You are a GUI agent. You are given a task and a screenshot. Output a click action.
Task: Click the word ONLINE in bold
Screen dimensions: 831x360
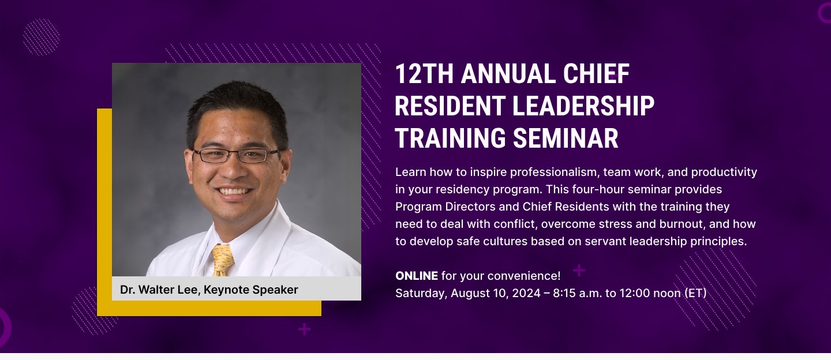tap(416, 276)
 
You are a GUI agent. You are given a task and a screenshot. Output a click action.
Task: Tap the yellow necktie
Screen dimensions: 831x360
tap(223, 260)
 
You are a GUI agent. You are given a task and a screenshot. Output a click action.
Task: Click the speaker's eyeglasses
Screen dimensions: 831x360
tap(236, 155)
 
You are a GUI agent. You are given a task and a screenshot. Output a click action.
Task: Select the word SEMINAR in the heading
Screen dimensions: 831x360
tap(566, 138)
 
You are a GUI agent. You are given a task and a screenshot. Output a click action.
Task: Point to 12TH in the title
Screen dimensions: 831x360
tap(424, 74)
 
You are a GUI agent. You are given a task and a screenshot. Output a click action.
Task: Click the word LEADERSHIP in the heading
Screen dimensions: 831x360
tap(583, 106)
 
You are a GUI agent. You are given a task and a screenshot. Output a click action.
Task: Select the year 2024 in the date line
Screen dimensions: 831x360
tap(526, 293)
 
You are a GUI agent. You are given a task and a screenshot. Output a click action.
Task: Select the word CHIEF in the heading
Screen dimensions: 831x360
tap(596, 74)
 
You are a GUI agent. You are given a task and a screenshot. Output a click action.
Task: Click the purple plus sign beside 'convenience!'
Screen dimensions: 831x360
tap(579, 271)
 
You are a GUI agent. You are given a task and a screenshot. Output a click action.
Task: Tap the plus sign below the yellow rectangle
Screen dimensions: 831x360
tap(304, 329)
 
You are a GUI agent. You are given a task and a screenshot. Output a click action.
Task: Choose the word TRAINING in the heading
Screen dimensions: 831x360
tap(450, 138)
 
